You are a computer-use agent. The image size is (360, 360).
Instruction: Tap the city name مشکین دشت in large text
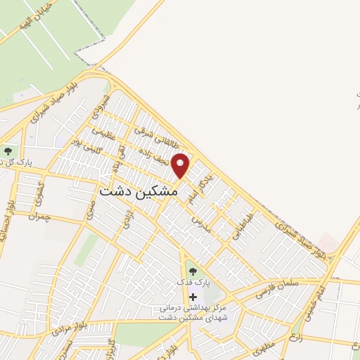tap(141, 191)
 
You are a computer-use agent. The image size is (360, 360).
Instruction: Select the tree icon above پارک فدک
tap(193, 269)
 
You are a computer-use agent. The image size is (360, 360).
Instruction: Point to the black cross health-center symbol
tap(193, 297)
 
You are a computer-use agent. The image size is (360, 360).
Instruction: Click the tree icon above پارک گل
tap(8, 150)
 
